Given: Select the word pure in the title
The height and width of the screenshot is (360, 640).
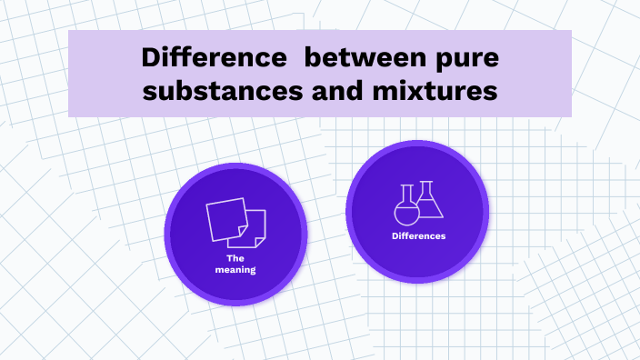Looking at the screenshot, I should coord(466,59).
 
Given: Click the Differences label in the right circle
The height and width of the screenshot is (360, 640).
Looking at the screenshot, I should coord(418,236).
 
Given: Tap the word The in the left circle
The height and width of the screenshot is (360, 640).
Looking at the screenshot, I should coord(235,258).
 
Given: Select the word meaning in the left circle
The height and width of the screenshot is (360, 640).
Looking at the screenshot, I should coord(235,269).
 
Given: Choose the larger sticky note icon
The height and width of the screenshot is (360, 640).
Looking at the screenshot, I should coord(225,218).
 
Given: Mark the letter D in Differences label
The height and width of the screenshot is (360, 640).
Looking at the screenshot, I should coord(395,236).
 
